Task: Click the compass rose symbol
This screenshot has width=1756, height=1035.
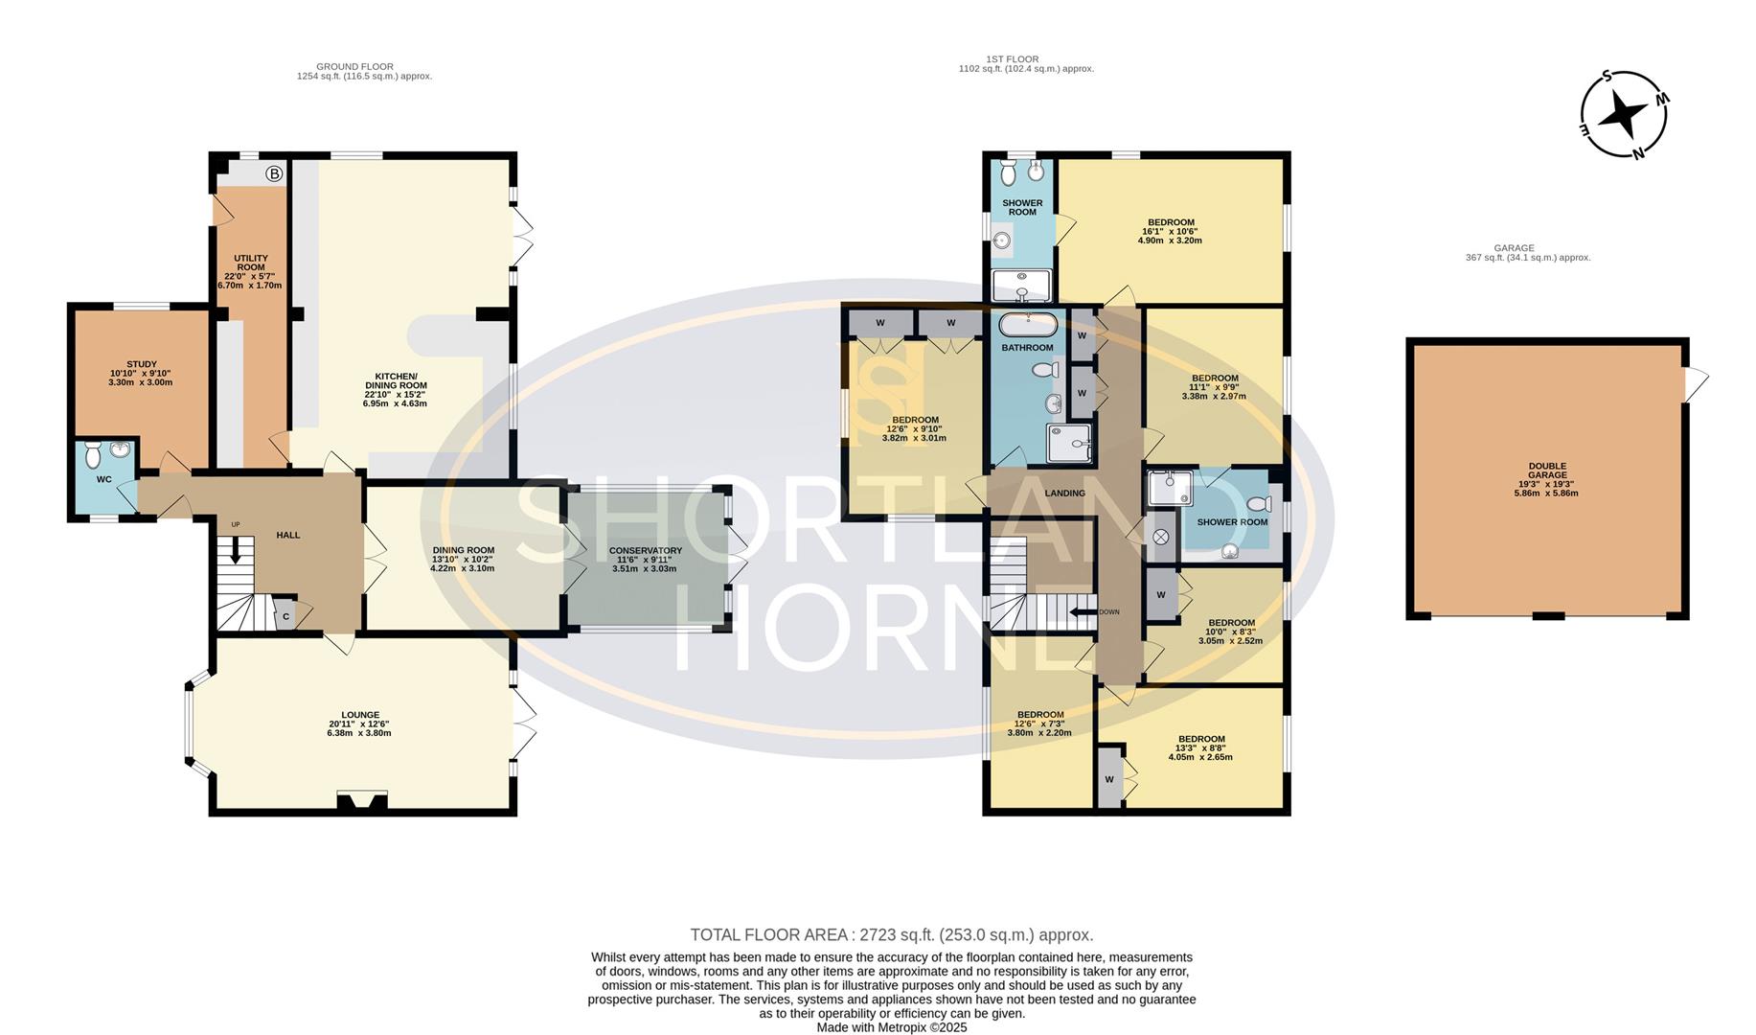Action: coord(1623,114)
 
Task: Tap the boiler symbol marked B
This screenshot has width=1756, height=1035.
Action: coord(275,174)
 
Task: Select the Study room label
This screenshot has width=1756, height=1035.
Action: coord(142,373)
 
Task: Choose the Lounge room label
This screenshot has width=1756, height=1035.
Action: coord(360,724)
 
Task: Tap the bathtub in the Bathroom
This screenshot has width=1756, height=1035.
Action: coord(1027,322)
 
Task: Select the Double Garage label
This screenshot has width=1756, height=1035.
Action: coord(1547,479)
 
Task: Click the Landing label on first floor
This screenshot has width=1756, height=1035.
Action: coord(1064,494)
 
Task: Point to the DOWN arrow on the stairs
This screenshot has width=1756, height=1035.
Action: coord(1083,611)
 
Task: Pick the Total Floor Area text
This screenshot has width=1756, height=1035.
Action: coord(891,934)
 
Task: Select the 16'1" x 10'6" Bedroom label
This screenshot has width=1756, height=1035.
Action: coord(1170,231)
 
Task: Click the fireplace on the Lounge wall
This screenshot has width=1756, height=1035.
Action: coord(361,802)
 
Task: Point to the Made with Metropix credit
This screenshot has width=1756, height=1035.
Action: coord(892,1027)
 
